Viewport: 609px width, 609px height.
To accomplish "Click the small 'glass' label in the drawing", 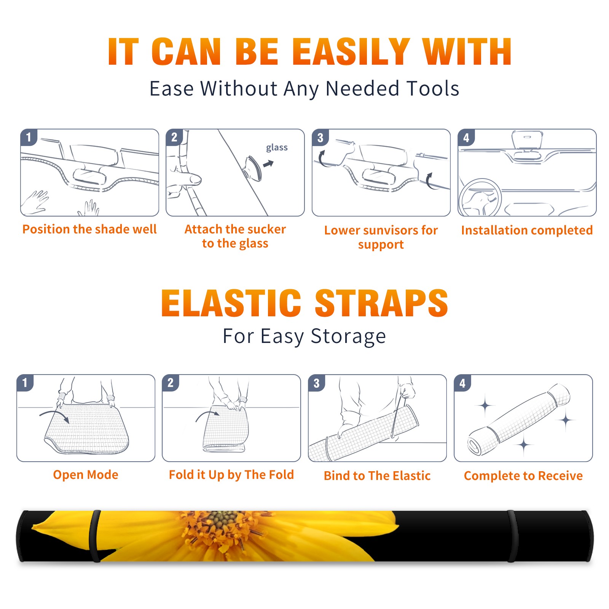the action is (277, 147).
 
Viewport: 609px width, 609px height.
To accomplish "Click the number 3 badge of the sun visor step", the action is (320, 137).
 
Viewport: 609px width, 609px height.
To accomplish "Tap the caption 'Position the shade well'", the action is (89, 229).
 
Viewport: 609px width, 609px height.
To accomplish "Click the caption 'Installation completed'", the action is (527, 230).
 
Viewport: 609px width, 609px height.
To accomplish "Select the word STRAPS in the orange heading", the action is (381, 303).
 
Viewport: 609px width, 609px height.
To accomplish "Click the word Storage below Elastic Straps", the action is (348, 336).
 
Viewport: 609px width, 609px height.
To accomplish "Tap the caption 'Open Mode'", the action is (86, 475).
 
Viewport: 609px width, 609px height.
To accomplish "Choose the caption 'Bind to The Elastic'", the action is (377, 476).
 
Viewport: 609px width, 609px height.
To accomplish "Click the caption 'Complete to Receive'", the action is (523, 476).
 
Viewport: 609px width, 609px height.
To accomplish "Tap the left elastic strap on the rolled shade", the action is (94, 536).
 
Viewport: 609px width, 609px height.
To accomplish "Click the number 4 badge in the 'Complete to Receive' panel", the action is (462, 383).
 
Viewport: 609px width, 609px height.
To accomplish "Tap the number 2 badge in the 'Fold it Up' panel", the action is (171, 383).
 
